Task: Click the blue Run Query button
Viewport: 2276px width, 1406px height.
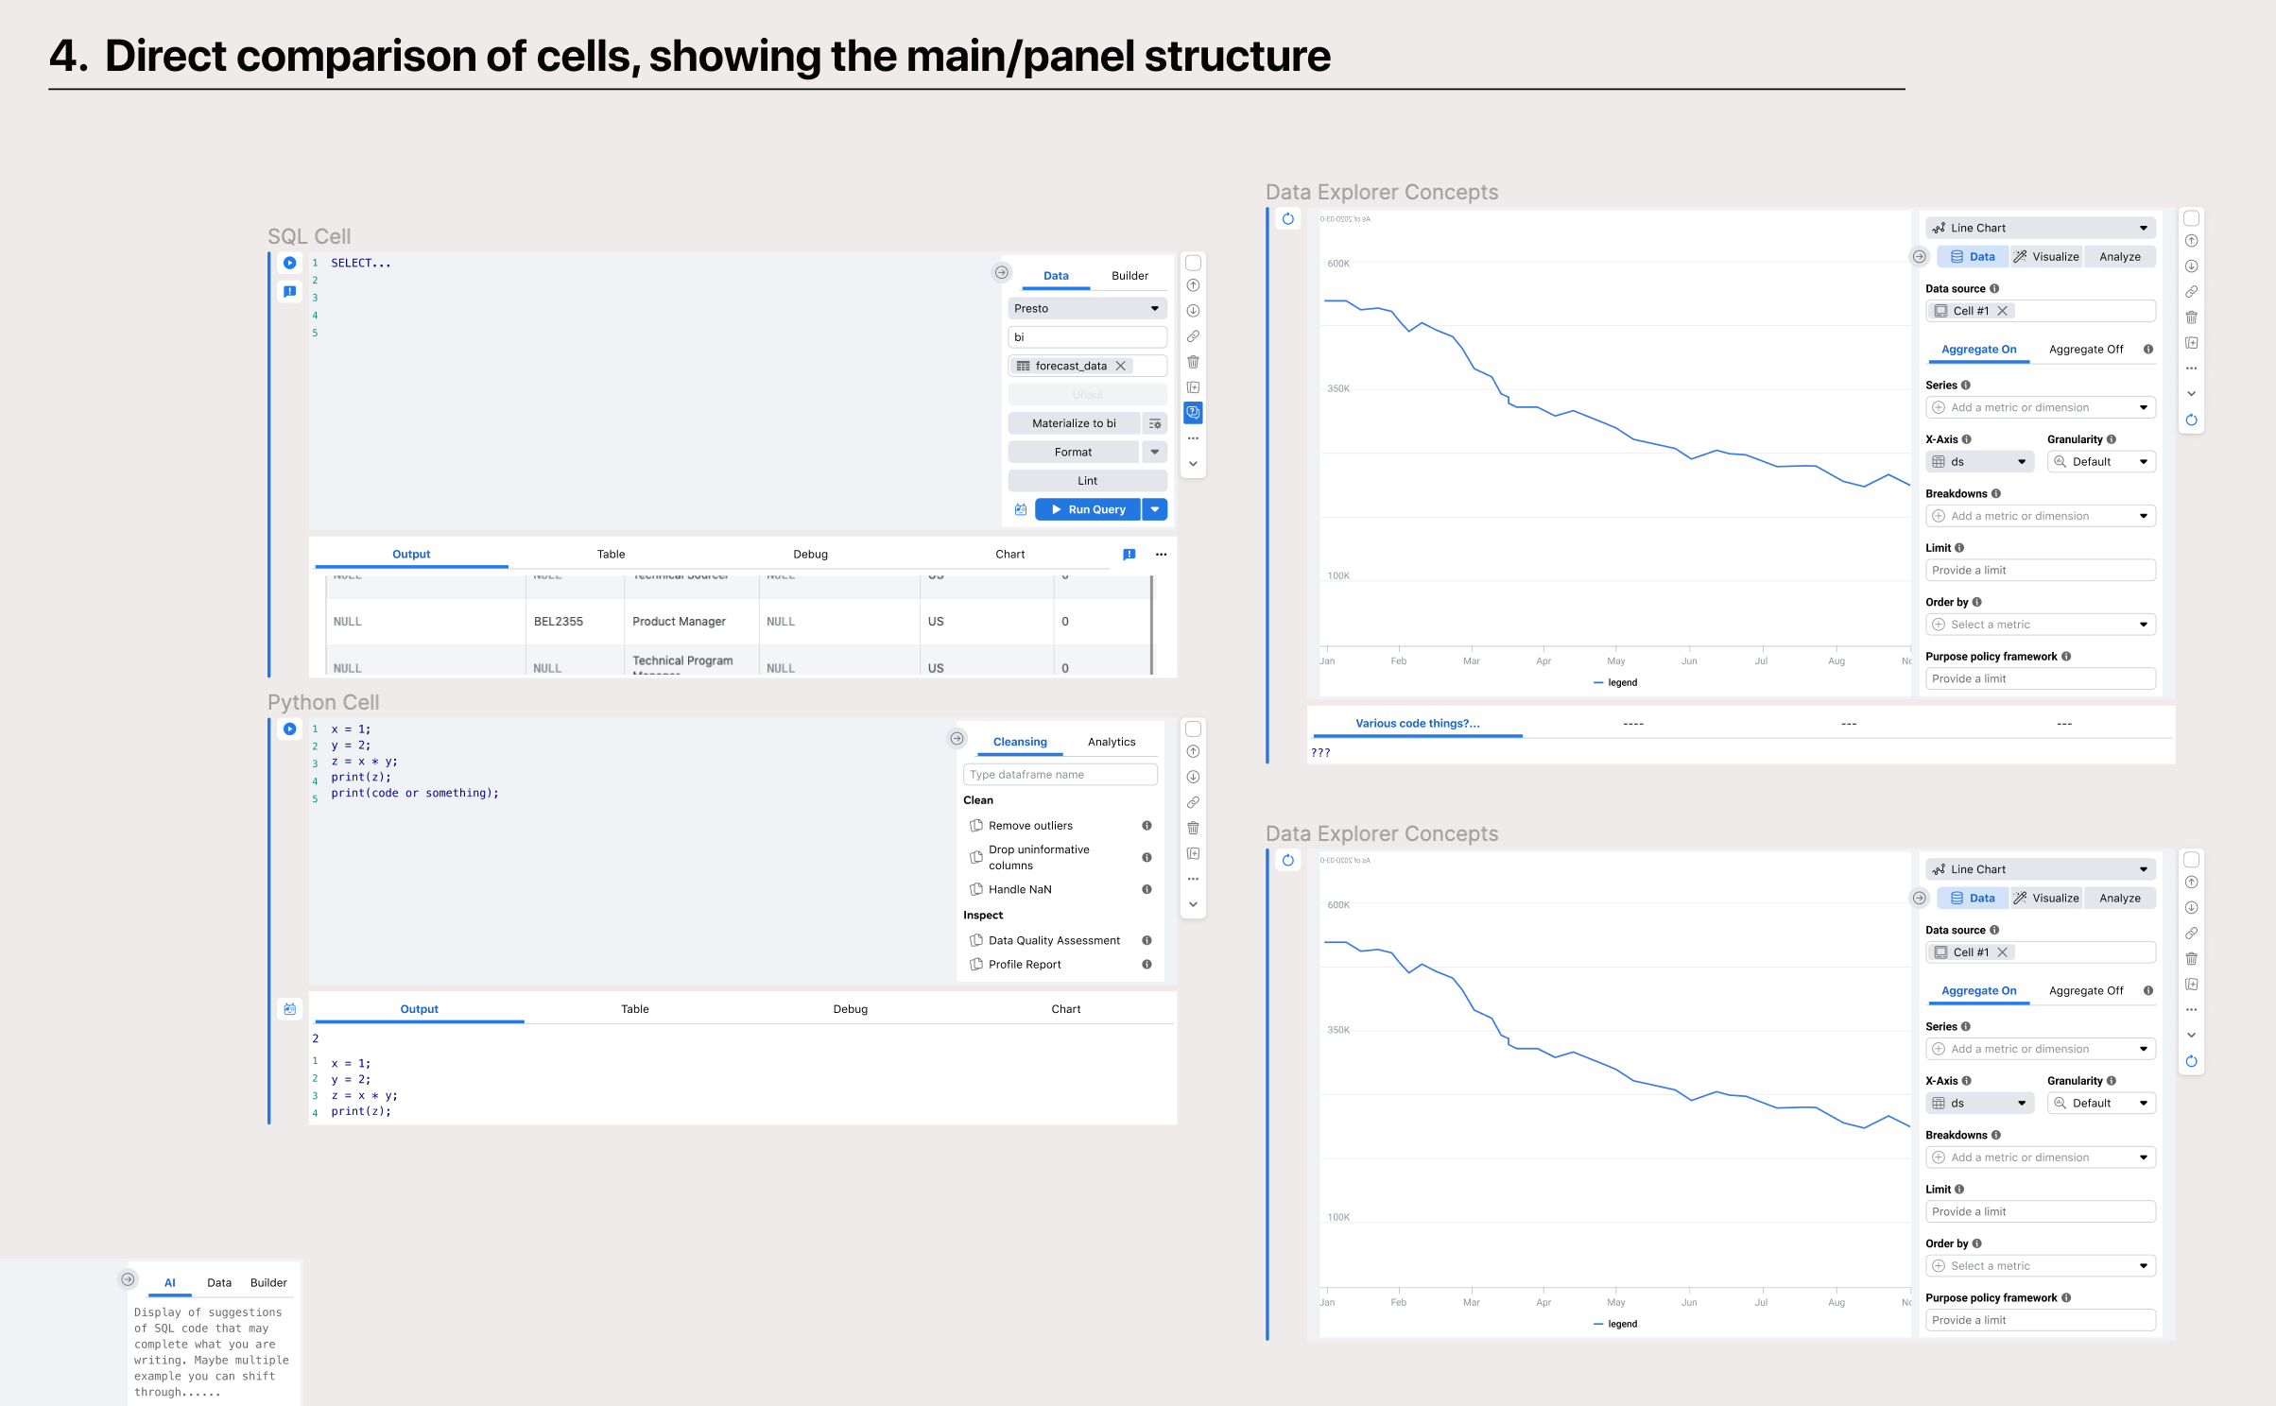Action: tap(1088, 509)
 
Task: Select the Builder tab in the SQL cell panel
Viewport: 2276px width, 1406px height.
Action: tap(1129, 276)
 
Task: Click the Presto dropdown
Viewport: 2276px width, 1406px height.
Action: tap(1087, 308)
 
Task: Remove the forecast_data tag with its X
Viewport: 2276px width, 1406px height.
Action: tap(1121, 366)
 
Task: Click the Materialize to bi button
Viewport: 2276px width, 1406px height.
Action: tap(1074, 423)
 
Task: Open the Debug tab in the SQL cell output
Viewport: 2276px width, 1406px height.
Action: tap(810, 555)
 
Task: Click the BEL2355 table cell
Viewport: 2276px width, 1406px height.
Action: tap(559, 622)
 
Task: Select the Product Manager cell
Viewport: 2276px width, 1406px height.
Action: tap(679, 622)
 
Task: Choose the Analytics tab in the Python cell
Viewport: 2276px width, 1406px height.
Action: tap(1112, 742)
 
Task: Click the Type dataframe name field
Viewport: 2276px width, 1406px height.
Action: tap(1060, 775)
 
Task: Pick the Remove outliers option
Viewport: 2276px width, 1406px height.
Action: tap(1030, 826)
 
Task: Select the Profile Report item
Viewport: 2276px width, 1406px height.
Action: tap(1025, 965)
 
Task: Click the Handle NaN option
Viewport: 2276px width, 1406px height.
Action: tap(1020, 890)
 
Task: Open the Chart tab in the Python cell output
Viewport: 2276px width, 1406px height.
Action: tap(1065, 1009)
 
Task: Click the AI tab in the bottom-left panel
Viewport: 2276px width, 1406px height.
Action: tap(170, 1283)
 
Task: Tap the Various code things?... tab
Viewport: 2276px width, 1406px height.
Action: tap(1417, 724)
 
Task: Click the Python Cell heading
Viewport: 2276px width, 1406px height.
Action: tap(323, 702)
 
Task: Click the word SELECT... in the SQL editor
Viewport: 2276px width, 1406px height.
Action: tap(360, 264)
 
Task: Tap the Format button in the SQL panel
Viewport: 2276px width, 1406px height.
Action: tap(1073, 453)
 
